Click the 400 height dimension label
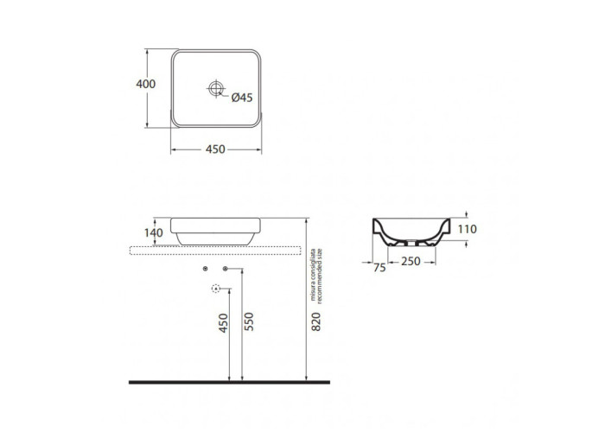pyautogui.click(x=146, y=84)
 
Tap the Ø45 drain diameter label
pyautogui.click(x=242, y=98)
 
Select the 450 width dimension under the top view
pyautogui.click(x=215, y=149)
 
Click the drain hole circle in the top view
pyautogui.click(x=216, y=88)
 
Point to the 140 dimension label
pyautogui.click(x=154, y=232)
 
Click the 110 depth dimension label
pyautogui.click(x=468, y=229)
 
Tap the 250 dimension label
pyautogui.click(x=411, y=262)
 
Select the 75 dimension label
pyautogui.click(x=379, y=268)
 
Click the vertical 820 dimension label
pyautogui.click(x=316, y=321)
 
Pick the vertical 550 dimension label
pyautogui.click(x=250, y=321)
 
